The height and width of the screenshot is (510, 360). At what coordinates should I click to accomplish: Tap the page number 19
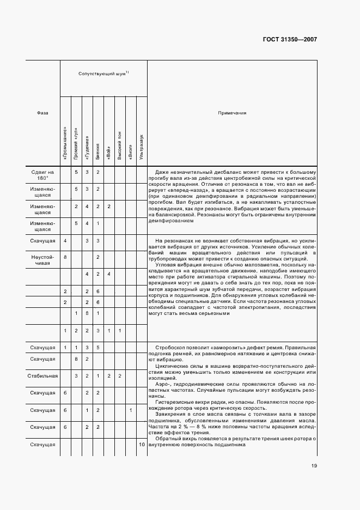[x=314, y=465]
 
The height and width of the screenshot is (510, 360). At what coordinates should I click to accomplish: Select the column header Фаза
[x=42, y=113]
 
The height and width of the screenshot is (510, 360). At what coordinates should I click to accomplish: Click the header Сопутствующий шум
[x=103, y=72]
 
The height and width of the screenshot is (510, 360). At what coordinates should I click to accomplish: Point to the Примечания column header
[x=232, y=113]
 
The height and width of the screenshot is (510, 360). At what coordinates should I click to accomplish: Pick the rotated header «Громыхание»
[x=65, y=145]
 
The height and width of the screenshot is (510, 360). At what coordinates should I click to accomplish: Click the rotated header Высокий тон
[x=120, y=145]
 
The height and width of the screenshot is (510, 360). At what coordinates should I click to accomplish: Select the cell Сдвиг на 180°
[x=42, y=175]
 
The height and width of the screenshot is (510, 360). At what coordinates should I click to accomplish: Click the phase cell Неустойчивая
[x=42, y=259]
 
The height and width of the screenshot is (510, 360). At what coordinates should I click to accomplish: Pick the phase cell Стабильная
[x=42, y=375]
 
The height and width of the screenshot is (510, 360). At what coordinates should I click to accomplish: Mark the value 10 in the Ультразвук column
[x=142, y=445]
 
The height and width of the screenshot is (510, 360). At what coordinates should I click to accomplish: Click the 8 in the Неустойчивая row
[x=65, y=257]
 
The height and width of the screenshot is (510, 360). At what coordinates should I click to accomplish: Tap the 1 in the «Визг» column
[x=131, y=410]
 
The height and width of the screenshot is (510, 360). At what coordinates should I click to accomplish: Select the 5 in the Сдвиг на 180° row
[x=76, y=172]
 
